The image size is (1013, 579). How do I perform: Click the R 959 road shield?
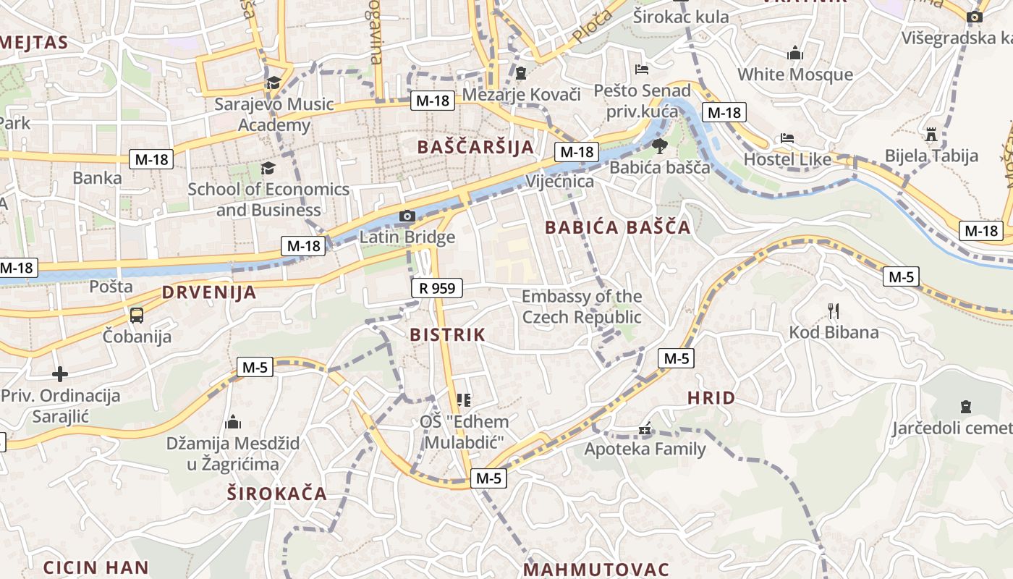tap(437, 288)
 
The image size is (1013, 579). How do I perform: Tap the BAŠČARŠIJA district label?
tap(475, 147)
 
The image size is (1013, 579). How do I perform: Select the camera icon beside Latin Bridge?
tap(407, 216)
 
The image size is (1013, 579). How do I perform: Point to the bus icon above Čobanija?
tap(136, 316)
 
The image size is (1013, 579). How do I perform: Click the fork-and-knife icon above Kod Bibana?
tap(834, 311)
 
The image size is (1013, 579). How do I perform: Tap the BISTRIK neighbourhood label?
tap(447, 334)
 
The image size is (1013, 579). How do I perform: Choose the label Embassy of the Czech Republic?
tap(582, 307)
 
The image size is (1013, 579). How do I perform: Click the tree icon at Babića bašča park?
tap(659, 147)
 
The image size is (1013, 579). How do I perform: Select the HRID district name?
tap(711, 397)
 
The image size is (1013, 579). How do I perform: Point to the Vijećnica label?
tap(560, 181)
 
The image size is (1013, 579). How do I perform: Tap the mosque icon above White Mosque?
tap(795, 53)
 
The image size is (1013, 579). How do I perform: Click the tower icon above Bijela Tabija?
tap(931, 135)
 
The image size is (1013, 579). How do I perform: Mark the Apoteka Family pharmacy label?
tap(645, 449)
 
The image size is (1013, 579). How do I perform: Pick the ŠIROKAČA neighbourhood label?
tap(277, 494)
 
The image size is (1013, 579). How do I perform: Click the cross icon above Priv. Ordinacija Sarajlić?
tap(60, 374)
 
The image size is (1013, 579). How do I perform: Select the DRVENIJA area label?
tap(209, 292)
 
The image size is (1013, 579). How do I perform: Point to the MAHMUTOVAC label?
tap(596, 570)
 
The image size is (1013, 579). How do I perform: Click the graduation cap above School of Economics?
tap(268, 169)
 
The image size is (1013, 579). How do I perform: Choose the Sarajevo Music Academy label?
tap(274, 114)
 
